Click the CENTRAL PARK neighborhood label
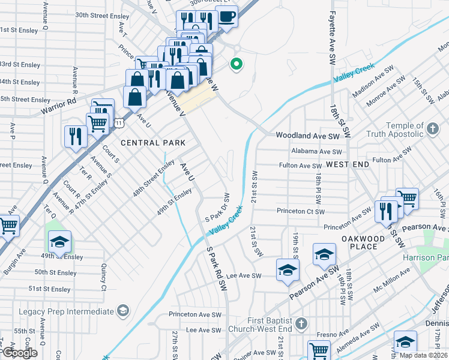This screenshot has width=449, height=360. point(152,143)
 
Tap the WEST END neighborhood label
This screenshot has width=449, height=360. point(348,164)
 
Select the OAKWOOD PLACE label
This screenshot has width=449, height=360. point(363,243)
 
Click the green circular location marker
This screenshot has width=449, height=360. point(237,64)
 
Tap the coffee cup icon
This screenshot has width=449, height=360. point(226,17)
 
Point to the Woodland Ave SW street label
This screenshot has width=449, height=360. point(307,136)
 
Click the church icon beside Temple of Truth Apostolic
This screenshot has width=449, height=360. point(432,128)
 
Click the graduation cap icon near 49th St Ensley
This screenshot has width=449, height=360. point(59,241)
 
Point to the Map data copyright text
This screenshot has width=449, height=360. point(423,355)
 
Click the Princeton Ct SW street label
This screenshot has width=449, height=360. point(301,211)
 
